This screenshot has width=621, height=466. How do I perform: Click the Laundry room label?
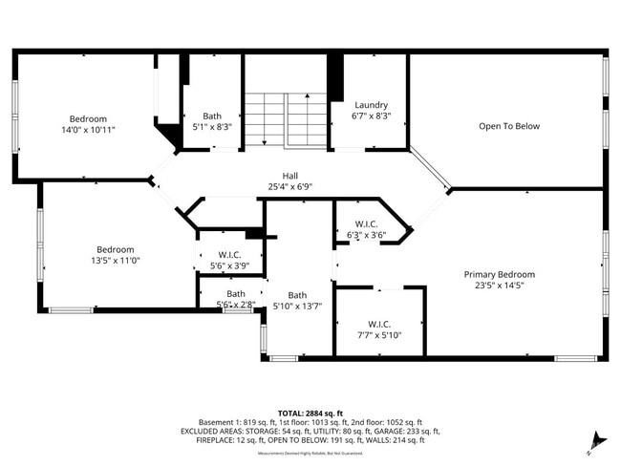[x=371, y=105]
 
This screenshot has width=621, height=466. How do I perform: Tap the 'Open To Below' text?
[x=509, y=126]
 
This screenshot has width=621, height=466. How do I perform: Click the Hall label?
[x=289, y=176]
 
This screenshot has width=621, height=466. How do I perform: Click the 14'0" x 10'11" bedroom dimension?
[x=87, y=129]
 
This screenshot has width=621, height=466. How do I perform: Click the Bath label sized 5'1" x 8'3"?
[x=211, y=116]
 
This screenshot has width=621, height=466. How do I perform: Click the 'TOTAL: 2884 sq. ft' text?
[x=310, y=413]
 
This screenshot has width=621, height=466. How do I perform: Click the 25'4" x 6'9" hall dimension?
[x=289, y=187]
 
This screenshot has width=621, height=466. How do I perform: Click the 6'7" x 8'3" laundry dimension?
[x=371, y=116]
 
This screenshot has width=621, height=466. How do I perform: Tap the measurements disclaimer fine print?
[x=310, y=453]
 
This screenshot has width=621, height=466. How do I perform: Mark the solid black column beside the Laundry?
[x=334, y=76]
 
